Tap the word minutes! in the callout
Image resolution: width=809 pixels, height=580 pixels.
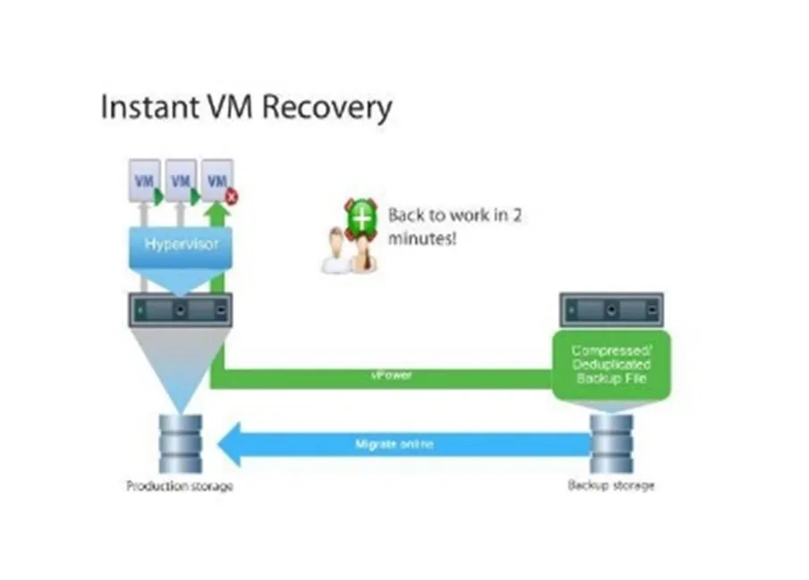[418, 240]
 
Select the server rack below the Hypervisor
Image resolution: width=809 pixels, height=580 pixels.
[180, 310]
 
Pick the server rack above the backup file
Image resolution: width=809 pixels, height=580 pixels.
[611, 310]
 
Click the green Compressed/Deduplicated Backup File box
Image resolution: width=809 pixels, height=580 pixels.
[611, 366]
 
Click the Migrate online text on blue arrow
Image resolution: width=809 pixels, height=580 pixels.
[395, 443]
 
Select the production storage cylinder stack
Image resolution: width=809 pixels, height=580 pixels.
[180, 443]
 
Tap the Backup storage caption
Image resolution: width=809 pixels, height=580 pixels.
[611, 485]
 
